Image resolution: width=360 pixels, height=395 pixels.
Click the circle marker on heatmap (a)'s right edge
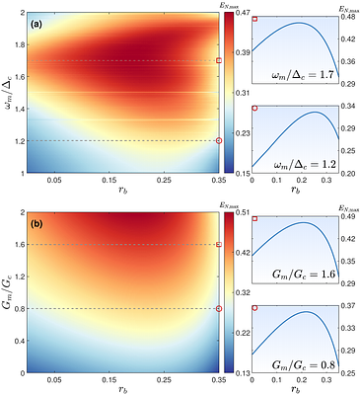[x=219, y=140]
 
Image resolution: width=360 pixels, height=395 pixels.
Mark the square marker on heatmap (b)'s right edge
[x=219, y=244]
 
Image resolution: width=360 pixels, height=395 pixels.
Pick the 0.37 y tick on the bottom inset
[x=348, y=307]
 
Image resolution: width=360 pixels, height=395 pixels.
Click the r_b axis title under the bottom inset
[x=295, y=389]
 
